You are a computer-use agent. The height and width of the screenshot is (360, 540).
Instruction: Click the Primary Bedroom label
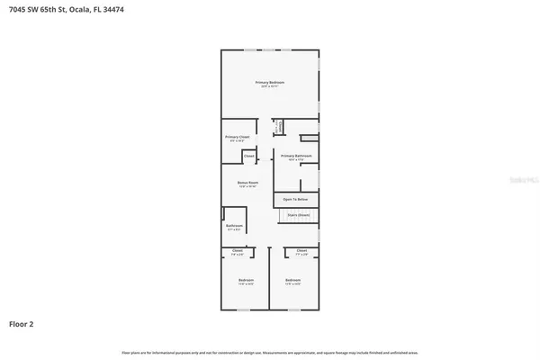coord(272,84)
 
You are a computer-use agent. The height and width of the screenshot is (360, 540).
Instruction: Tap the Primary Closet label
coord(237,138)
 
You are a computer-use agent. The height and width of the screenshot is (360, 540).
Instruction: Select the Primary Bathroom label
coord(296,157)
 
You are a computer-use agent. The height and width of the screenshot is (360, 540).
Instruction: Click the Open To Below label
coord(296,198)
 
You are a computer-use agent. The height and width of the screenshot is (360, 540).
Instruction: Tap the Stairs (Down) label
coord(298,214)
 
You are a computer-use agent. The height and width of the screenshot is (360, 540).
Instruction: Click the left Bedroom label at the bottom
coord(246,282)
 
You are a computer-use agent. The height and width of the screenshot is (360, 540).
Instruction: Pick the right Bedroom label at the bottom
coord(293,282)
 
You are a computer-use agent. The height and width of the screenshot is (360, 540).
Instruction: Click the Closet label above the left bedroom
coord(238,251)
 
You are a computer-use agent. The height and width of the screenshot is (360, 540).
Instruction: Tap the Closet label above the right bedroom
coord(301,251)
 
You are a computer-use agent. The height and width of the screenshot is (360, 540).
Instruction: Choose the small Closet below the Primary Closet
coord(249,157)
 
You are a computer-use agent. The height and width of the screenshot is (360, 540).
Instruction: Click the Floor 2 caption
coord(22,323)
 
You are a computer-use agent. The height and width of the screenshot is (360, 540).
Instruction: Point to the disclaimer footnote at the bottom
coord(270,352)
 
